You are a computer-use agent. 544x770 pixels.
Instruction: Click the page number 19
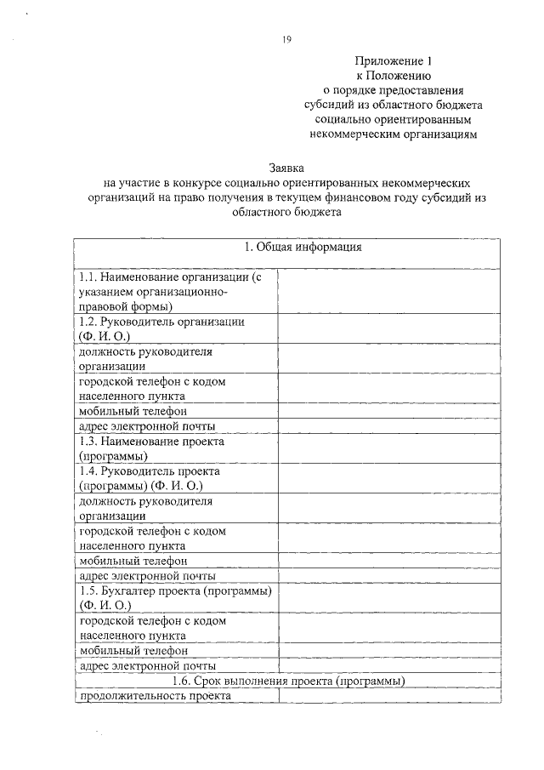(x=286, y=37)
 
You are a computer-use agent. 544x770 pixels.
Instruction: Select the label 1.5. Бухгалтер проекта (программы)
(x=174, y=591)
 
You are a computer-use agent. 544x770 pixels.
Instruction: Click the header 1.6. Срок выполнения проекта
(x=286, y=681)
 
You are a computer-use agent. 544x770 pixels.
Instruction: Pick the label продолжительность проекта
(x=154, y=695)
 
